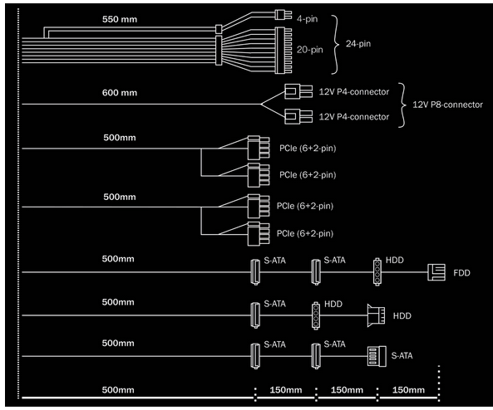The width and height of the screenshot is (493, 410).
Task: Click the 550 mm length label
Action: [x=120, y=19]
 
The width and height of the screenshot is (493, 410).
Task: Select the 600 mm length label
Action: [x=120, y=93]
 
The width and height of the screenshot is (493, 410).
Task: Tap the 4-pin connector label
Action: [x=307, y=19]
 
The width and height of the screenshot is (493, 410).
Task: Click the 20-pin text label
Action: [x=310, y=50]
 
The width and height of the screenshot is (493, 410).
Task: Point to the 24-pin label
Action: [x=358, y=44]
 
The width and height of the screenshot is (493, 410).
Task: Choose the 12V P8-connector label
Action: [x=447, y=105]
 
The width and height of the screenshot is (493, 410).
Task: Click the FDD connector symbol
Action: [x=436, y=272]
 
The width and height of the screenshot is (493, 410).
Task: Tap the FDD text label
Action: [x=461, y=273]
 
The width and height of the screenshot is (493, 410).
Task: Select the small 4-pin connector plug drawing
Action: [x=283, y=15]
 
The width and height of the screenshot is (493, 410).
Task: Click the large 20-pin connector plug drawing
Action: [x=283, y=51]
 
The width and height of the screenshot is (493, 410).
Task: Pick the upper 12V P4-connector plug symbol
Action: [x=298, y=91]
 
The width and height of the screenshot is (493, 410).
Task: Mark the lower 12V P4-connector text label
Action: [x=354, y=117]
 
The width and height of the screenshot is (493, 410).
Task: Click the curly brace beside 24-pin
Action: [x=335, y=45]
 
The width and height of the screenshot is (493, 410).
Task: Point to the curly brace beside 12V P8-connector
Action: [x=402, y=105]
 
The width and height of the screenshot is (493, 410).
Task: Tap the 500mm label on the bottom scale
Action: [x=118, y=390]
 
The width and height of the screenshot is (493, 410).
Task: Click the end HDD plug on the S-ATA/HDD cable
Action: [x=376, y=315]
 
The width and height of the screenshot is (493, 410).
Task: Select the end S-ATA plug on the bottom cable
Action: [x=377, y=356]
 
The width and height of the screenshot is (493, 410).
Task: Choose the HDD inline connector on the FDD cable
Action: [x=377, y=272]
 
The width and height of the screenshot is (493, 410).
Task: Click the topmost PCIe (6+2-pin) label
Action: [x=308, y=149]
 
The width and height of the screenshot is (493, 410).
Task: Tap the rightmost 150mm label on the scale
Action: [x=408, y=390]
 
